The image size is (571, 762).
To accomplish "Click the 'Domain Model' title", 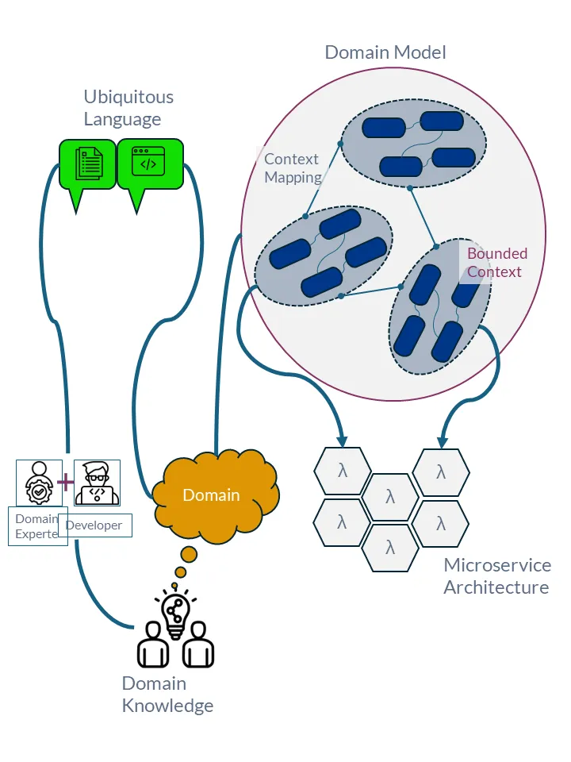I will click(385, 52).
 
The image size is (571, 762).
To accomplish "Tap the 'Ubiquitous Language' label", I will click(128, 109).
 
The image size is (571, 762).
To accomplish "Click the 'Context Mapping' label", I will click(292, 168).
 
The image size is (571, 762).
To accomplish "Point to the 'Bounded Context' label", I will click(496, 263).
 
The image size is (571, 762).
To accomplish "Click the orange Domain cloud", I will click(212, 495).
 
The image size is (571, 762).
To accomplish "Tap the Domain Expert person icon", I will click(37, 482).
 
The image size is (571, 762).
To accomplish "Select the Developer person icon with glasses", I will click(96, 482).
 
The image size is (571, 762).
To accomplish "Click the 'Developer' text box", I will click(94, 525).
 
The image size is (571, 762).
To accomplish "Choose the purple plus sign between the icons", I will click(64, 481).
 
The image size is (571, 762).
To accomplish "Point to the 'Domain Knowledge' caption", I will click(167, 695).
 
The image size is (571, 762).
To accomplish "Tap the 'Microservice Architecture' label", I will click(496, 576).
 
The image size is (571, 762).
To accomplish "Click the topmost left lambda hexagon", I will click(343, 471).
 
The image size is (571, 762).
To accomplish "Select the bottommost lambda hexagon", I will click(390, 548).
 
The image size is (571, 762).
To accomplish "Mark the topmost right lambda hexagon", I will click(440, 472).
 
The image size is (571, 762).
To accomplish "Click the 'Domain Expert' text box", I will click(37, 526).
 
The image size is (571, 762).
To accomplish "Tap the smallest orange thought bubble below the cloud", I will click(174, 586).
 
